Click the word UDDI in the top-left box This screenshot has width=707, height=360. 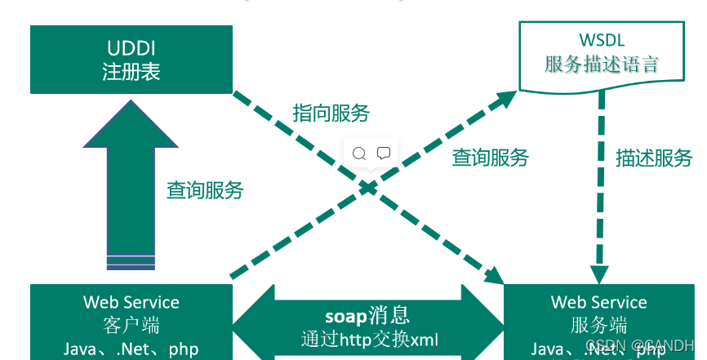click(x=131, y=47)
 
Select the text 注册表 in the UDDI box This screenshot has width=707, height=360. click(x=131, y=71)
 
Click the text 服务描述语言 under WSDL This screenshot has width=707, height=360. click(x=601, y=64)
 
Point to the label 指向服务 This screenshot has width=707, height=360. click(x=331, y=113)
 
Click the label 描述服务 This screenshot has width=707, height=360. click(x=654, y=158)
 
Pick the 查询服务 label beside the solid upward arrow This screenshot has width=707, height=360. click(x=205, y=190)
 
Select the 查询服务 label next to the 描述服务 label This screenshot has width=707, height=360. click(x=490, y=158)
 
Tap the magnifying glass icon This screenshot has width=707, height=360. click(x=359, y=153)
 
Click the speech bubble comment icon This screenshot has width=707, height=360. click(x=384, y=153)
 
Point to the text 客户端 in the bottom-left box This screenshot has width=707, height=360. click(x=131, y=325)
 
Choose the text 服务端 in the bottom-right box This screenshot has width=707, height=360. click(x=598, y=326)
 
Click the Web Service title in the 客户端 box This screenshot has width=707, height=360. click(x=131, y=302)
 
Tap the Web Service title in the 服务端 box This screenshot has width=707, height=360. click(x=598, y=303)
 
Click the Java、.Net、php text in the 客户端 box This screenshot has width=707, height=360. click(x=131, y=349)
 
